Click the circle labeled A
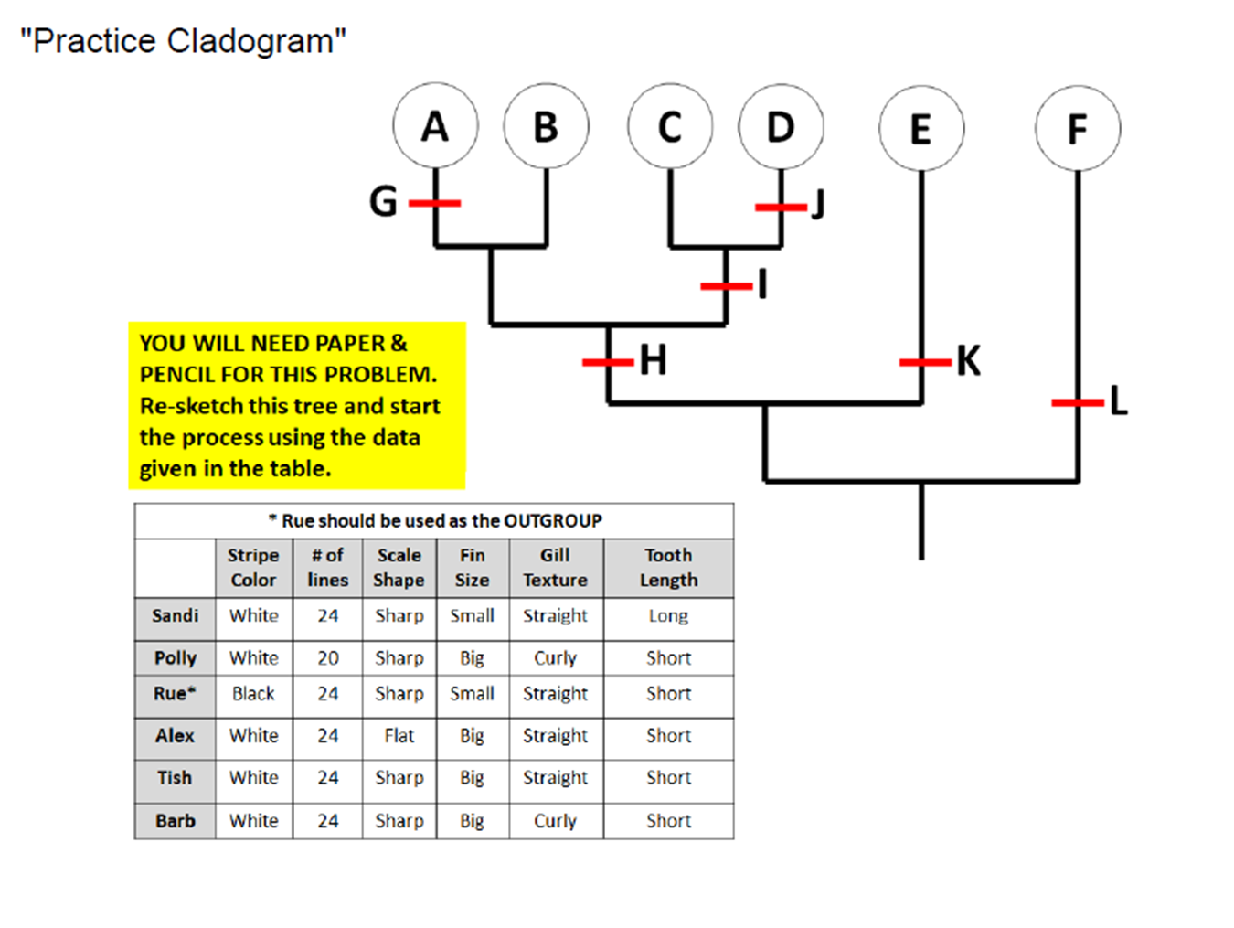(x=435, y=126)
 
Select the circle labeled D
(x=781, y=126)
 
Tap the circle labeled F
(x=1078, y=128)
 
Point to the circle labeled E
(x=920, y=128)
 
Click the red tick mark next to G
(x=434, y=203)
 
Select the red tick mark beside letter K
(x=924, y=363)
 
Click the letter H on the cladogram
(x=653, y=360)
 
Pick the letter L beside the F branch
(x=1119, y=400)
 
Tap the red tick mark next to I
(x=726, y=286)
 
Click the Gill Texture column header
(x=555, y=568)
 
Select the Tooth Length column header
(x=668, y=568)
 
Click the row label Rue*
(x=175, y=694)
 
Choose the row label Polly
(x=175, y=658)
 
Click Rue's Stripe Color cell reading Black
(x=253, y=694)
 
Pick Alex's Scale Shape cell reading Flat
(x=399, y=736)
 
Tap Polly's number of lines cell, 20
(x=328, y=658)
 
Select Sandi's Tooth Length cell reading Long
(x=668, y=616)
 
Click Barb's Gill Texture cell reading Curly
(x=555, y=821)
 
